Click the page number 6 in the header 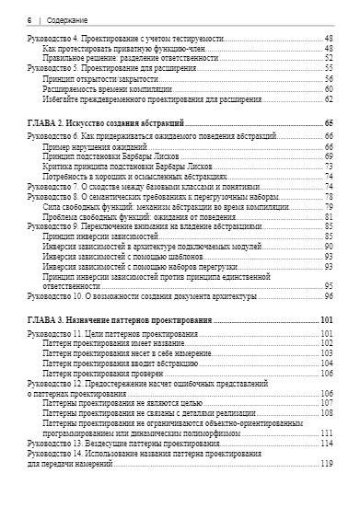pyautogui.click(x=30, y=17)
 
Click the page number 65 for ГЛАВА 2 pyautogui.click(x=329, y=122)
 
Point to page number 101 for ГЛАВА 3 pyautogui.click(x=326, y=319)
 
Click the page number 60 pyautogui.click(x=329, y=88)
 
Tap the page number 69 pyautogui.click(x=329, y=156)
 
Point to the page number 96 pyautogui.click(x=329, y=296)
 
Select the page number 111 pyautogui.click(x=327, y=432)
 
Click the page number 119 pyautogui.click(x=327, y=463)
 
